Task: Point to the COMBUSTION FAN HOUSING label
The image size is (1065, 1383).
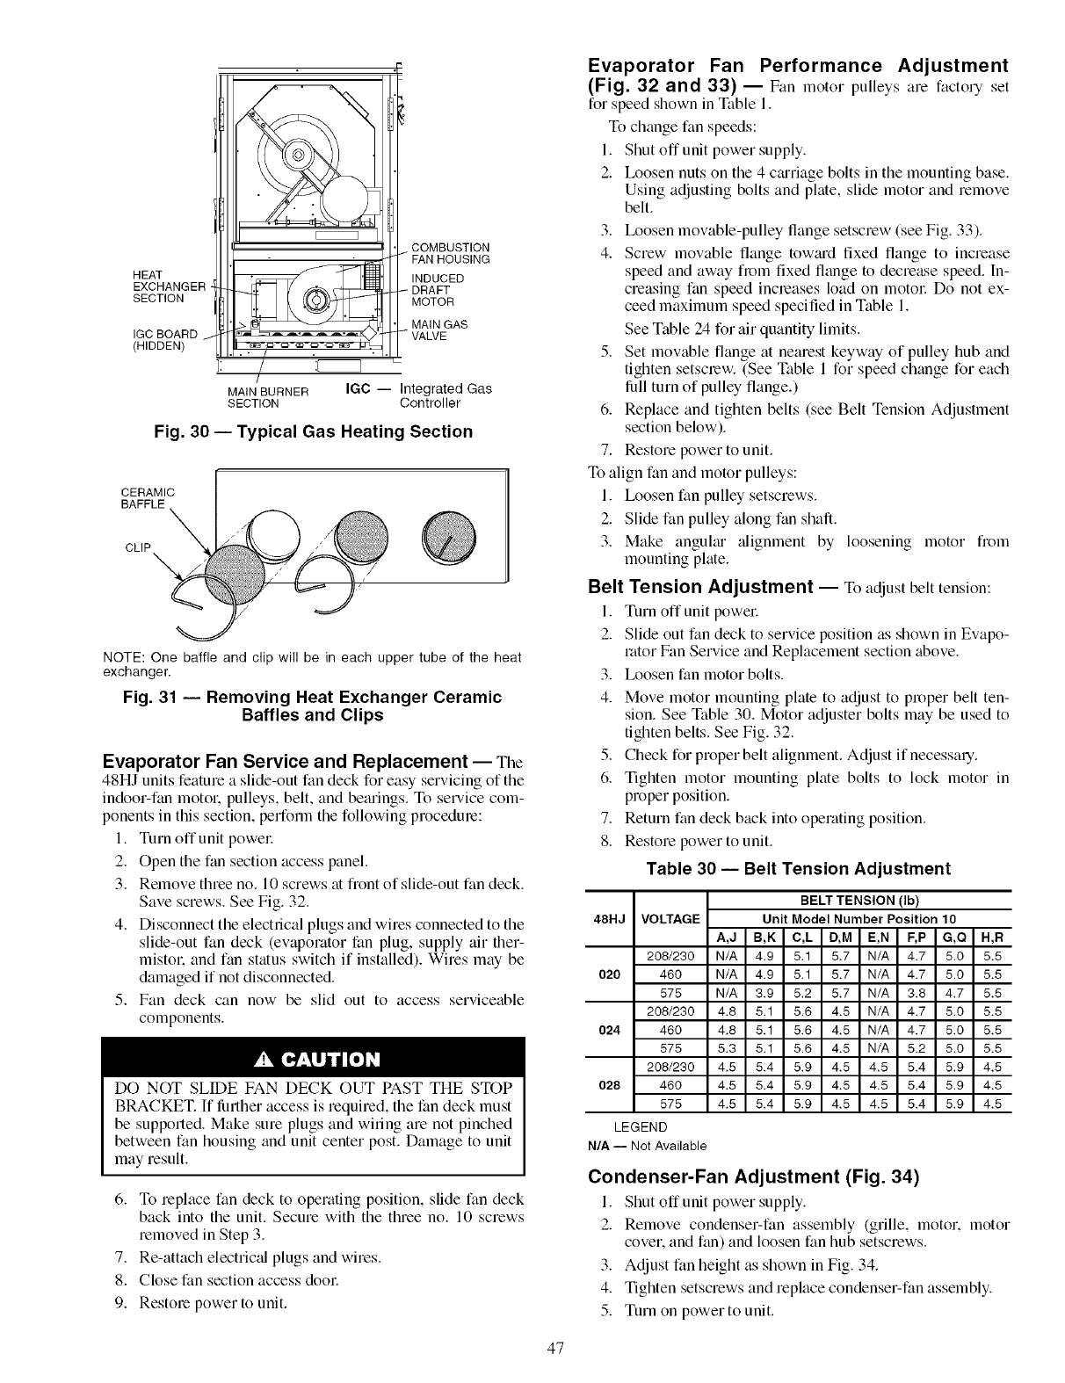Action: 450,252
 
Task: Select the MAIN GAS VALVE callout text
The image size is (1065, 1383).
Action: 439,330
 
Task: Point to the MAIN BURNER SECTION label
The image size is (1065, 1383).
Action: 254,396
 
